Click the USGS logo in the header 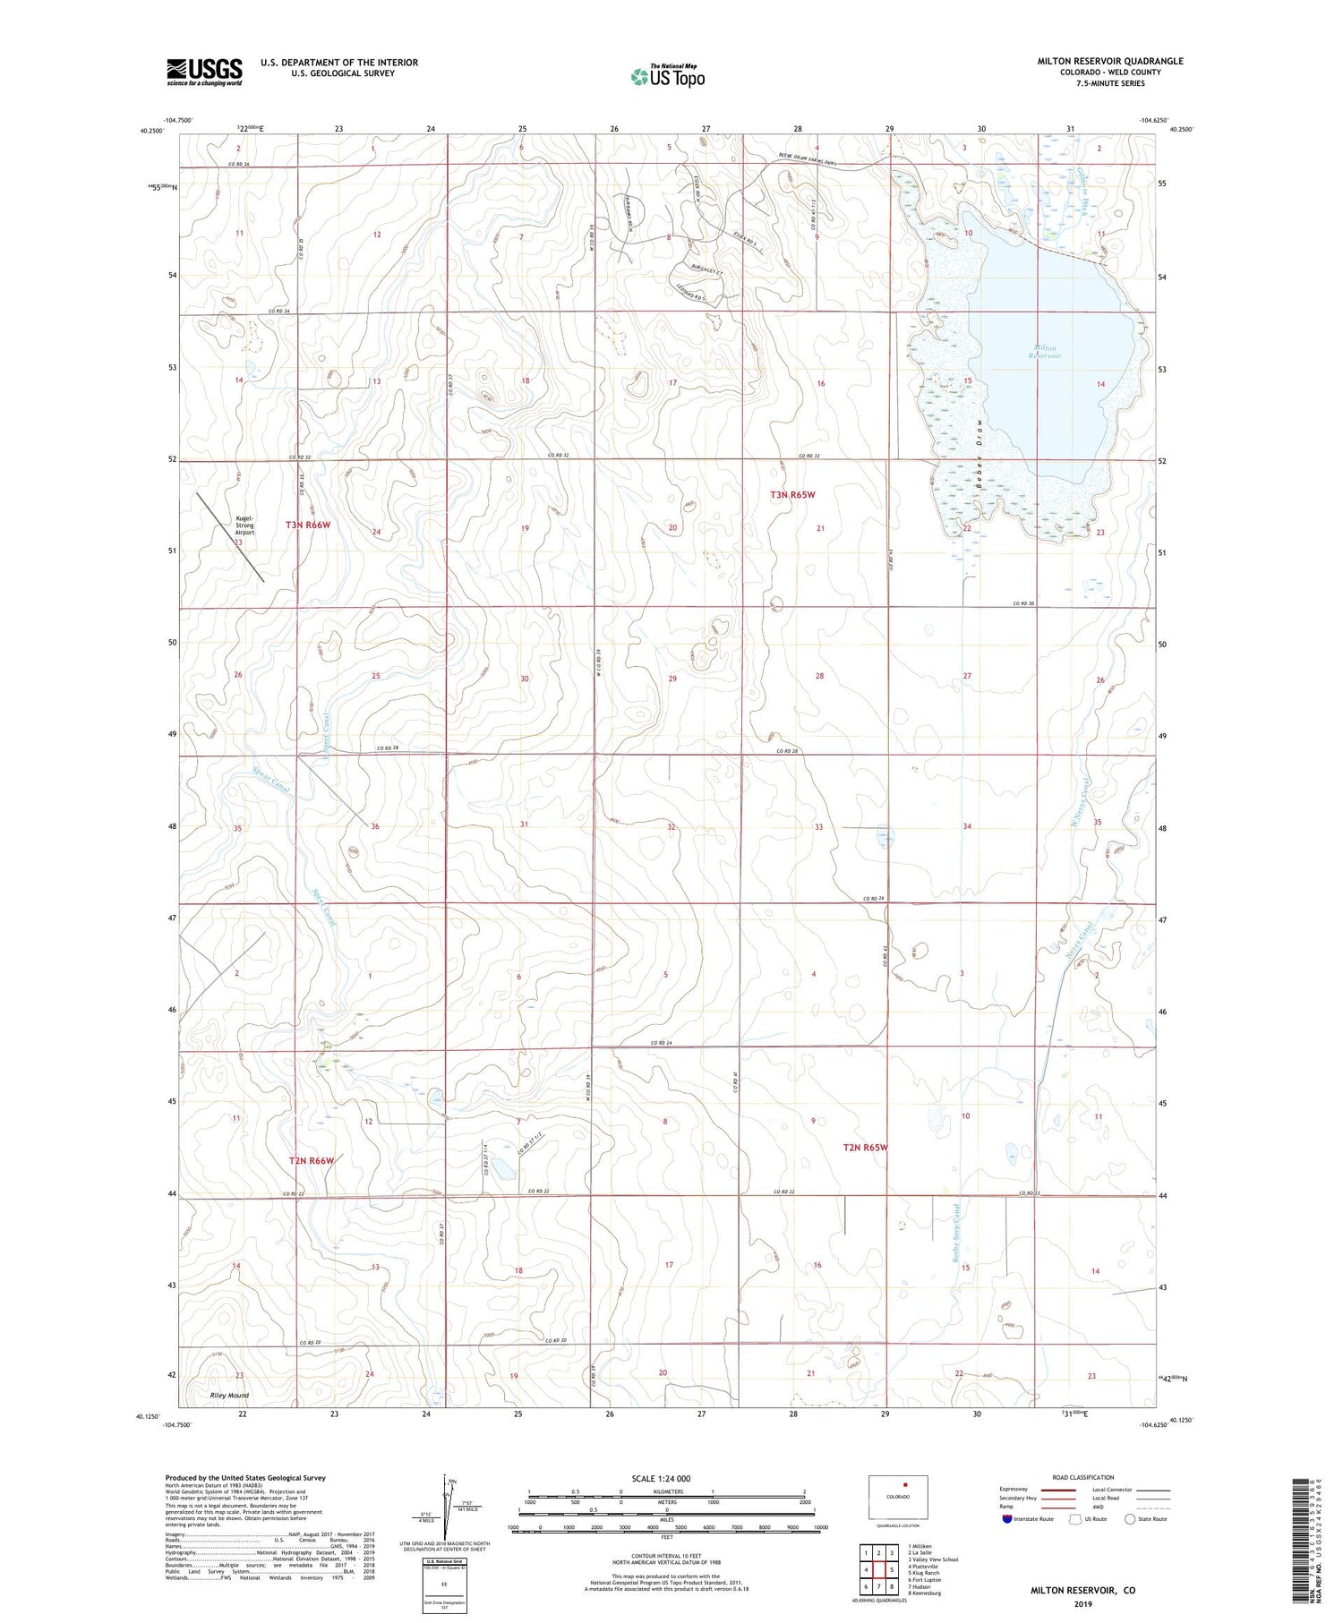(x=204, y=72)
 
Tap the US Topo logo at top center (x=667, y=77)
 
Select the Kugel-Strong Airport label (x=244, y=525)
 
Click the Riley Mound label (x=229, y=1396)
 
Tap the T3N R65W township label (x=793, y=494)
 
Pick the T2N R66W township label (x=312, y=1161)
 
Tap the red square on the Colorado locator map (x=904, y=1484)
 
